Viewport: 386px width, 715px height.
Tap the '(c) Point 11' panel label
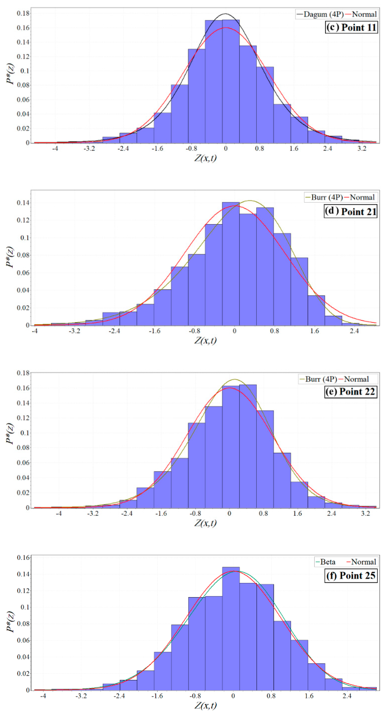(351, 28)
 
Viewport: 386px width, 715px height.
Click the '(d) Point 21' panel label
(351, 211)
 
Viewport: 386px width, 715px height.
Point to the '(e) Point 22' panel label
(351, 392)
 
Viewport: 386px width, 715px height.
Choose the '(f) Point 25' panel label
(351, 575)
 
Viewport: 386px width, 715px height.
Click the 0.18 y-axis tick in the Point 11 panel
(23, 13)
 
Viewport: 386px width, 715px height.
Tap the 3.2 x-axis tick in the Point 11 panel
(362, 148)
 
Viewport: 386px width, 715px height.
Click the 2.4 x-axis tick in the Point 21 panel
(354, 331)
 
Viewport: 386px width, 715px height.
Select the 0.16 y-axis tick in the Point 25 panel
(23, 558)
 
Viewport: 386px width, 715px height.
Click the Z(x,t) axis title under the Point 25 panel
(205, 705)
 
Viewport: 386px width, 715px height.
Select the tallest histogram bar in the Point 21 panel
(231, 264)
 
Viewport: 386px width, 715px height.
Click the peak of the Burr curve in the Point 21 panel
(250, 200)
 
